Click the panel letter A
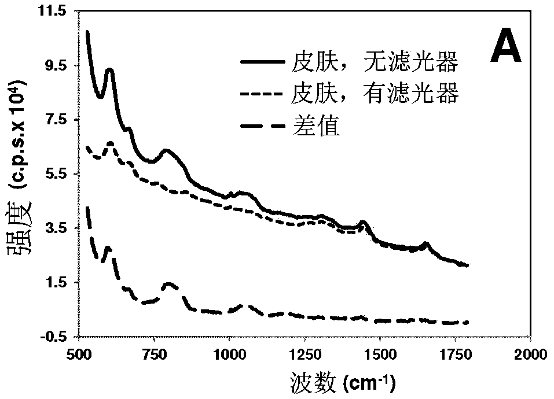pos(505,49)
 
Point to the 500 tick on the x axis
pos(78,354)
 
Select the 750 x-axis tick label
pos(154,354)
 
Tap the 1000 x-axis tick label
pos(229,354)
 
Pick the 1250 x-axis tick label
pos(304,354)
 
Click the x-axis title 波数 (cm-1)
pos(343,383)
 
